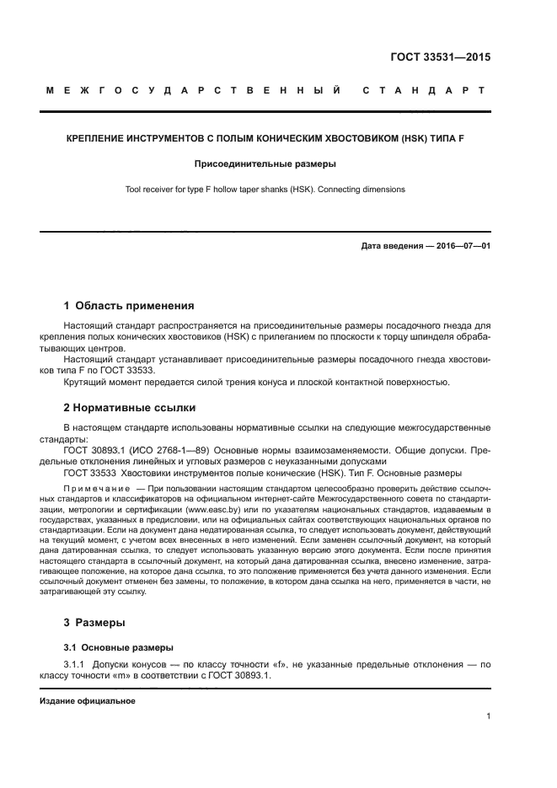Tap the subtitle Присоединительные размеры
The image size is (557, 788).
(265, 163)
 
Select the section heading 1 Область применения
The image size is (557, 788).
(129, 305)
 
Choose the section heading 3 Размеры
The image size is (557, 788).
(94, 623)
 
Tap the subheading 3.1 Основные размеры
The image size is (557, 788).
(113, 647)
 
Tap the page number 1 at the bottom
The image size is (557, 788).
(489, 716)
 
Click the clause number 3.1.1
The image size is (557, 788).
(78, 665)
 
